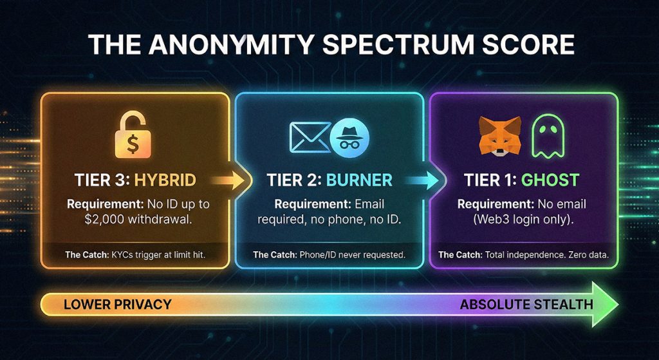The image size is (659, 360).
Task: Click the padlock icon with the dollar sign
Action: pyautogui.click(x=133, y=134)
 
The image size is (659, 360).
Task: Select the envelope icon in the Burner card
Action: pyautogui.click(x=310, y=137)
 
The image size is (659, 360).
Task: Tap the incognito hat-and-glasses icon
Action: pyautogui.click(x=349, y=137)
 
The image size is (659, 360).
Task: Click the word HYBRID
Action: pyautogui.click(x=165, y=180)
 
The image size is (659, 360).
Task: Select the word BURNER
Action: pyautogui.click(x=359, y=180)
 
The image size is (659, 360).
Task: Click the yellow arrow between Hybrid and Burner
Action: pyautogui.click(x=227, y=180)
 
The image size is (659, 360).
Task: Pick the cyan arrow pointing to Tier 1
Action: pyautogui.click(x=422, y=180)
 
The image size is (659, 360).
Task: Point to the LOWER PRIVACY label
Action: pyautogui.click(x=117, y=304)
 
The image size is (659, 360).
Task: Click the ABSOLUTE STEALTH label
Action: pyautogui.click(x=526, y=304)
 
